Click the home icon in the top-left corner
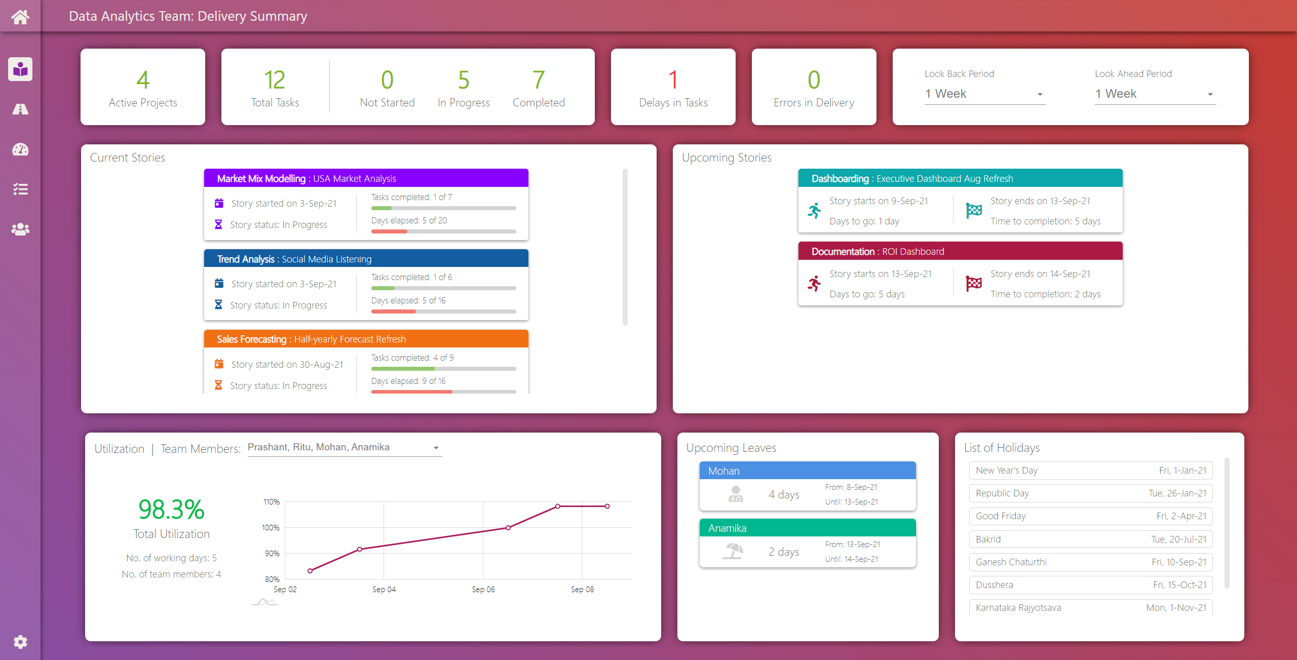click(x=20, y=17)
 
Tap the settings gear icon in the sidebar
click(x=20, y=642)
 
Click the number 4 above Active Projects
click(x=143, y=80)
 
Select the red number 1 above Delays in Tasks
click(x=673, y=80)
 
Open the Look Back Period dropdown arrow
click(x=1040, y=94)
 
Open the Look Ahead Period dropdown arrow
click(x=1210, y=94)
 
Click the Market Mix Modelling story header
click(x=366, y=178)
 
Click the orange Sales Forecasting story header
click(x=366, y=339)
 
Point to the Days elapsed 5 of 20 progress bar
click(x=443, y=231)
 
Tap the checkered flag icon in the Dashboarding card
click(x=973, y=210)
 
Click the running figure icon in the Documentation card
click(x=814, y=284)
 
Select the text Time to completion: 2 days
click(x=1045, y=294)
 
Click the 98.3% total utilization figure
click(x=171, y=510)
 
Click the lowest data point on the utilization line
click(x=310, y=571)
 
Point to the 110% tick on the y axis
click(x=272, y=502)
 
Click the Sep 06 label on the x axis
click(x=483, y=589)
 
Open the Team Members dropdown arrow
click(x=436, y=448)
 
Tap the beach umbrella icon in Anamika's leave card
click(x=734, y=551)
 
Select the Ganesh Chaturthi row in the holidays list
click(x=1090, y=562)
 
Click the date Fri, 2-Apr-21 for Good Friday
click(x=1181, y=516)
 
